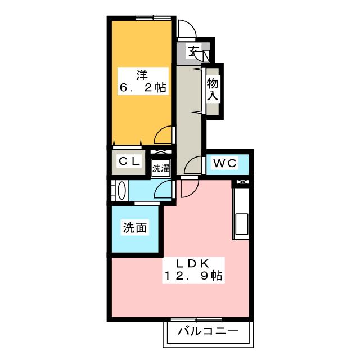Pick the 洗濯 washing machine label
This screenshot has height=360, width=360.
[x=160, y=168]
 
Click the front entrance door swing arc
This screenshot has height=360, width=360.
[x=186, y=29]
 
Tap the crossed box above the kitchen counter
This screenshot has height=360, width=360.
[x=242, y=182]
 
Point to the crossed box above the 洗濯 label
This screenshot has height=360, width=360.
[x=160, y=152]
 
